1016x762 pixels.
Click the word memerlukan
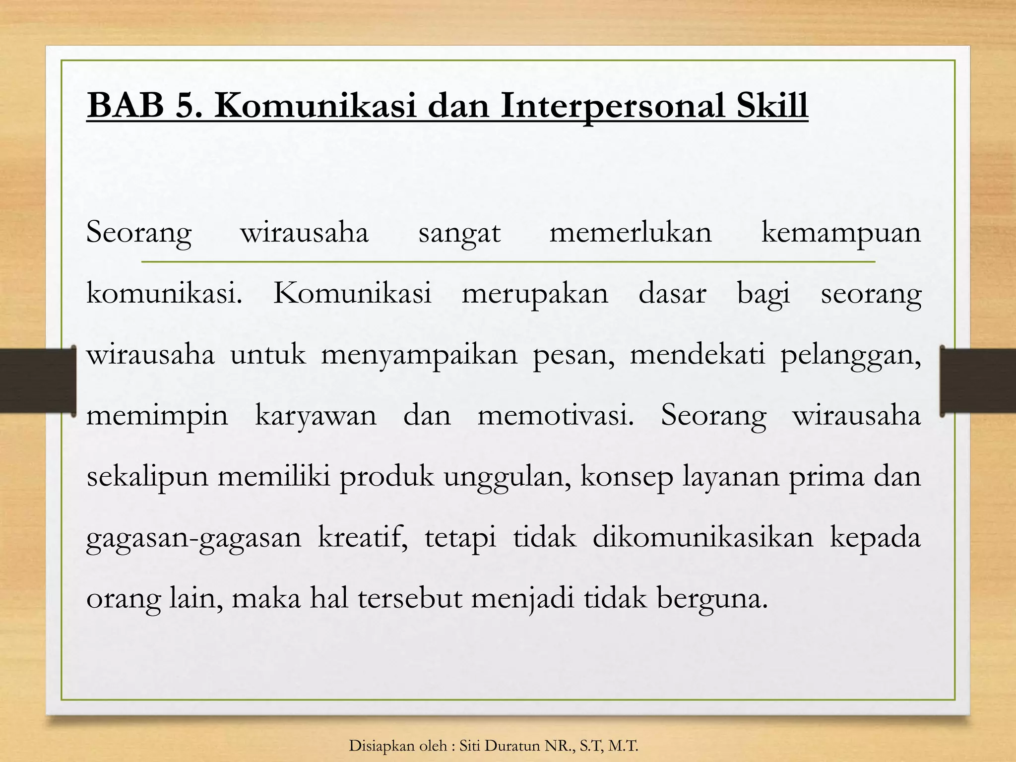pyautogui.click(x=631, y=232)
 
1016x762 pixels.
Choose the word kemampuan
pyautogui.click(x=841, y=233)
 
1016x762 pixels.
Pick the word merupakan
pyautogui.click(x=535, y=294)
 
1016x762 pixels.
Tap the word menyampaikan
pyautogui.click(x=419, y=355)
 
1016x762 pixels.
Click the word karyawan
pyautogui.click(x=316, y=416)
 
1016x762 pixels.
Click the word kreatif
pyautogui.click(x=363, y=537)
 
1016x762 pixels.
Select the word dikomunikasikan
pyautogui.click(x=703, y=537)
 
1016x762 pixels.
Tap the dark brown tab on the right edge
pyautogui.click(x=978, y=381)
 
